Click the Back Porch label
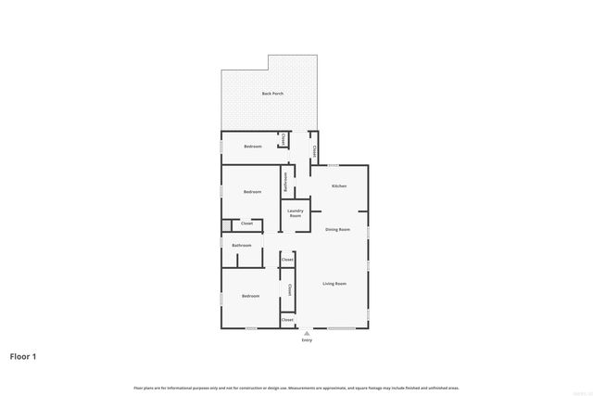click(271, 94)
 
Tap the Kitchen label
click(339, 186)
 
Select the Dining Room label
click(337, 229)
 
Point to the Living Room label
click(334, 284)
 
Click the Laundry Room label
click(295, 213)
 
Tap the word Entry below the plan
click(307, 340)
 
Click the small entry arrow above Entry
click(307, 332)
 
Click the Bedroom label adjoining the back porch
click(253, 147)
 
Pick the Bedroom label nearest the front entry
click(250, 296)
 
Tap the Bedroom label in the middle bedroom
click(252, 192)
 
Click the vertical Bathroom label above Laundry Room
click(285, 182)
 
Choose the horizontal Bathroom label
click(242, 246)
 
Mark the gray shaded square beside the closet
click(225, 224)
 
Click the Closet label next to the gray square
click(246, 224)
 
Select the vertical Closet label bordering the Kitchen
click(314, 150)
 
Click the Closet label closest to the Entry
click(287, 320)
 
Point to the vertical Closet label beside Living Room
click(290, 290)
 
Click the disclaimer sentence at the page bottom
click(296, 388)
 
